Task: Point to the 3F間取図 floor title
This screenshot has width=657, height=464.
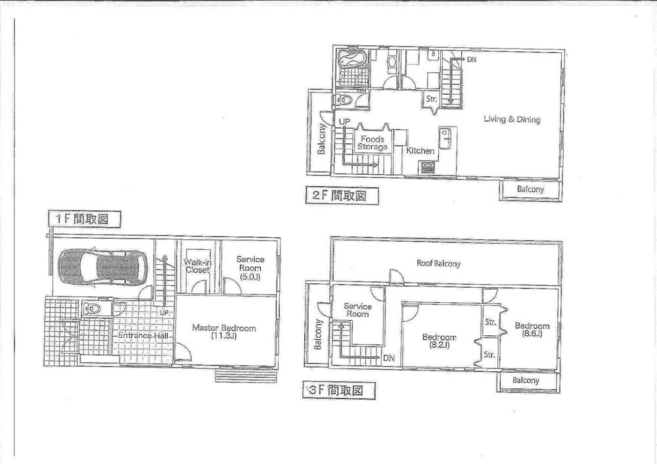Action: pyautogui.click(x=340, y=391)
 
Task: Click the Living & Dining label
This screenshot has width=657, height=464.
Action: pyautogui.click(x=512, y=120)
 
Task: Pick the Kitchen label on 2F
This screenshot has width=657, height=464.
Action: pyautogui.click(x=420, y=151)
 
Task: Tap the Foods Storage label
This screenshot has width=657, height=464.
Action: pyautogui.click(x=373, y=143)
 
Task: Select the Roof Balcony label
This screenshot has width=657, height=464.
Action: pyautogui.click(x=438, y=264)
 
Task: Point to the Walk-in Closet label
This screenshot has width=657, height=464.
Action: pyautogui.click(x=196, y=266)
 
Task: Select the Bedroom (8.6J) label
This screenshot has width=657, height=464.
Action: pyautogui.click(x=532, y=329)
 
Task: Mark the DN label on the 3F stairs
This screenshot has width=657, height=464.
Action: pyautogui.click(x=388, y=358)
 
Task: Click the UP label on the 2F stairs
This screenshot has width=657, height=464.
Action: pyautogui.click(x=344, y=122)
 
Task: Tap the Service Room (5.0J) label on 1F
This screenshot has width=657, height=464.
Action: pyautogui.click(x=250, y=267)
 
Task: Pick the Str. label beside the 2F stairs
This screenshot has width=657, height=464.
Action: pyautogui.click(x=431, y=99)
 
